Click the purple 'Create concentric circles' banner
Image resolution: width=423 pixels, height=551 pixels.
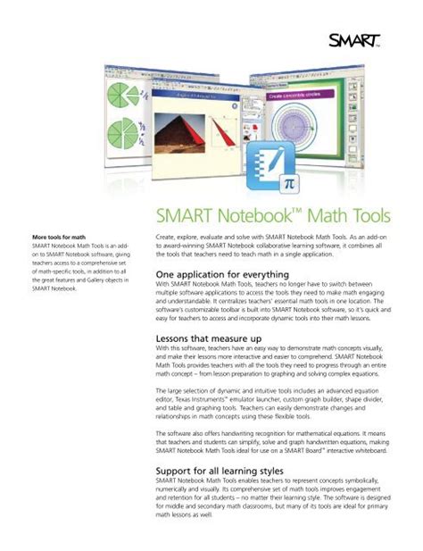[300, 95]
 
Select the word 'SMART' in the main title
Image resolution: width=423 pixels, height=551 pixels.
[184, 216]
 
